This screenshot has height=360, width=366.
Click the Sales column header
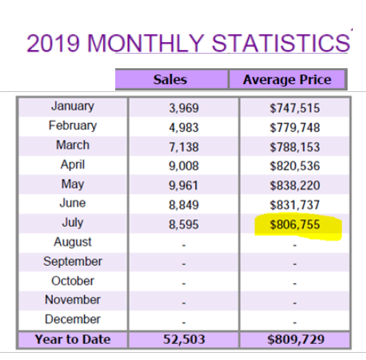(x=170, y=80)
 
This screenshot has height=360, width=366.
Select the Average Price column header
(x=287, y=80)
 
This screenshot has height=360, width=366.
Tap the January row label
(x=72, y=106)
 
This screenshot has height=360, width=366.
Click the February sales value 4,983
(x=184, y=127)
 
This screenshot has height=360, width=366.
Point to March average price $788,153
(x=295, y=147)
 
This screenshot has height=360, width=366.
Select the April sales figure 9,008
(x=184, y=166)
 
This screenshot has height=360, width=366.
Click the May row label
(x=72, y=185)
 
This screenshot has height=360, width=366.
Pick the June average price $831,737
(x=295, y=205)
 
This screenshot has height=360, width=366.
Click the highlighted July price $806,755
(x=295, y=225)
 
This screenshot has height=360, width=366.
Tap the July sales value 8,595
(x=184, y=225)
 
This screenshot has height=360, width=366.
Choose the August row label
(x=72, y=242)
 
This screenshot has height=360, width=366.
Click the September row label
(x=72, y=261)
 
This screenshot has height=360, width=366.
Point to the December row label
(x=72, y=319)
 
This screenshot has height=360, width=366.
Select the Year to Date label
(x=72, y=339)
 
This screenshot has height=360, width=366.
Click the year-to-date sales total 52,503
(x=184, y=339)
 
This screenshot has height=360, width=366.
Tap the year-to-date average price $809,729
(x=296, y=339)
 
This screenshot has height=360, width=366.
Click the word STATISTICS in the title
(x=280, y=43)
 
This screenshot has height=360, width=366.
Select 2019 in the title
(x=53, y=43)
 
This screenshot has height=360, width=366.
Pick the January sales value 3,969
(x=184, y=108)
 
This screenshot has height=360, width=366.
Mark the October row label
(x=72, y=281)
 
